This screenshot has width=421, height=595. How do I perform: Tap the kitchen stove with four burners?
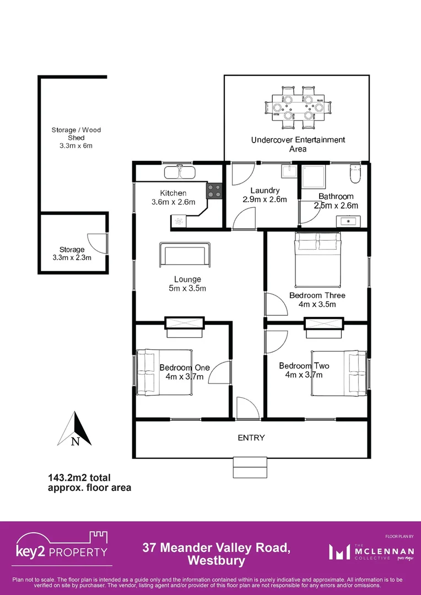coord(214,191)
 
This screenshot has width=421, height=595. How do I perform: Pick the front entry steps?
coord(250,467)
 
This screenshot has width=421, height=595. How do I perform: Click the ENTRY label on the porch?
coord(251,438)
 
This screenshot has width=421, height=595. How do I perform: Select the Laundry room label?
coord(265,191)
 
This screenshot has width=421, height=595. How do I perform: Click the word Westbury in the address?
coord(216,561)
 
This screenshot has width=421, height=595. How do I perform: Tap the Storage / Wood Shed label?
coord(76,133)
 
